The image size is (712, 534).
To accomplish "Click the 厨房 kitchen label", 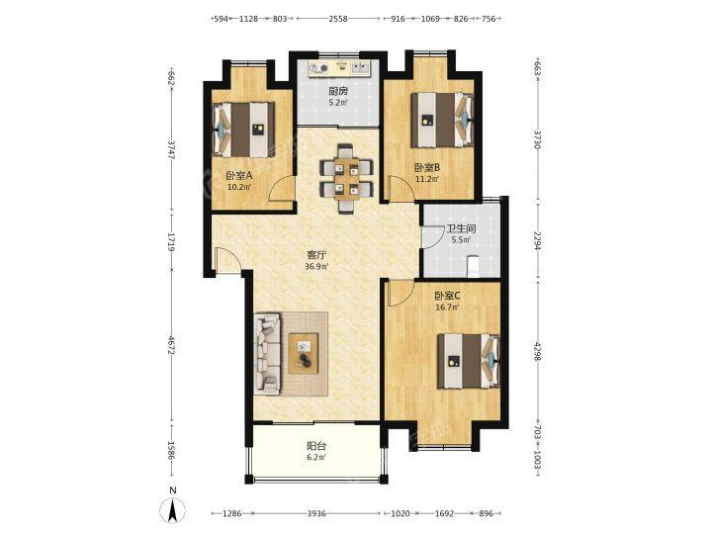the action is click(338, 91).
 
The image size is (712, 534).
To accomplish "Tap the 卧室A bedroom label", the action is click(239, 175).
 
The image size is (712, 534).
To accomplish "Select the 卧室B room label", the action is click(427, 167).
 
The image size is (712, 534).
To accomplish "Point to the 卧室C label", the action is click(447, 296).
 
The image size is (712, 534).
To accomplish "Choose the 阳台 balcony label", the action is click(316, 446).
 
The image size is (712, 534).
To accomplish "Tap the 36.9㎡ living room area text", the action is click(316, 267).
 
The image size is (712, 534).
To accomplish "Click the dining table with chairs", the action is click(347, 178).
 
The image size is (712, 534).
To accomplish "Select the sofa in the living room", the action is click(268, 352).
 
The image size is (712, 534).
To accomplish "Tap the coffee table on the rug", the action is click(304, 353).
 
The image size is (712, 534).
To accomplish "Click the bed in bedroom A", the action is click(244, 130).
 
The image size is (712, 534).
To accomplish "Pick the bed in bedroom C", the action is click(469, 361).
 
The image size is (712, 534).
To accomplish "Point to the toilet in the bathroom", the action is click(473, 266).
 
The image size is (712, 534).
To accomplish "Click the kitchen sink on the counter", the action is click(362, 68).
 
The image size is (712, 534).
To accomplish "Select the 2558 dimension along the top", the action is click(338, 19).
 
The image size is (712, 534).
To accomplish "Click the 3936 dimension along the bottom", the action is click(316, 513).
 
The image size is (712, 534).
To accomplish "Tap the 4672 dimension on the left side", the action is click(172, 346).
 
